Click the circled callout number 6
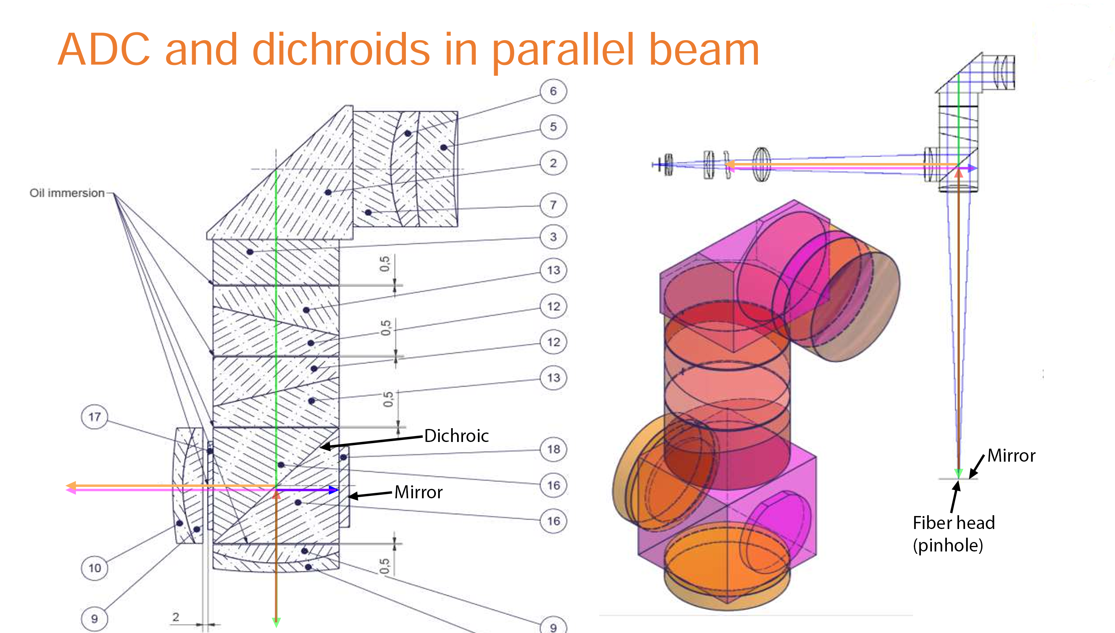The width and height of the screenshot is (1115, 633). (553, 91)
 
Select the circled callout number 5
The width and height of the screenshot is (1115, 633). (553, 127)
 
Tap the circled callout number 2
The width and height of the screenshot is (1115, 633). (553, 163)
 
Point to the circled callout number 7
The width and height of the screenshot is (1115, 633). (553, 205)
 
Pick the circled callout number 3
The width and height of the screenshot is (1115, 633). (553, 237)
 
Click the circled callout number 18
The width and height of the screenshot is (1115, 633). (553, 449)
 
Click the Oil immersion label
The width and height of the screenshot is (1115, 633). (67, 193)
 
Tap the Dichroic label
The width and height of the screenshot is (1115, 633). (456, 436)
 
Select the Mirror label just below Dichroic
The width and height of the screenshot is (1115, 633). (419, 492)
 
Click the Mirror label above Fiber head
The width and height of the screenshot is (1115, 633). (1011, 456)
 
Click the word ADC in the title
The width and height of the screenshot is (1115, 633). (104, 50)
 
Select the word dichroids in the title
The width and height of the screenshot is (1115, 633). (341, 50)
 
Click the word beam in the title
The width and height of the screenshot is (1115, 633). (704, 50)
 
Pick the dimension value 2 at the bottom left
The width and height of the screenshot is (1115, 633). (176, 617)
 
